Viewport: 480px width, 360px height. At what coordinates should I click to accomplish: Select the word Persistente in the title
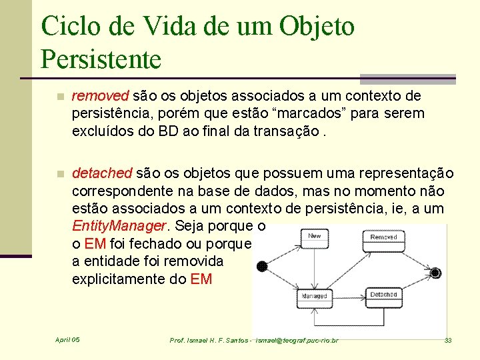click(x=101, y=59)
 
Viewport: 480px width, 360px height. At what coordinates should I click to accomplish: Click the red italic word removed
click(x=101, y=97)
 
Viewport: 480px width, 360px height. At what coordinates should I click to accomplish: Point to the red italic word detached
click(x=102, y=174)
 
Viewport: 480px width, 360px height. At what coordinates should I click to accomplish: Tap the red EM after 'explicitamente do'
click(x=201, y=279)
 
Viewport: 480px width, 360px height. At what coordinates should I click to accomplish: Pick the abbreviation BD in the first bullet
click(x=170, y=131)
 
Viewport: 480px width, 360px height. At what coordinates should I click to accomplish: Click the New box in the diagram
click(x=315, y=236)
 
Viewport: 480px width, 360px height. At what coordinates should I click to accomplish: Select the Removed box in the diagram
click(x=383, y=237)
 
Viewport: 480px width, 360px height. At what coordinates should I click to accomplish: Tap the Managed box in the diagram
click(x=314, y=296)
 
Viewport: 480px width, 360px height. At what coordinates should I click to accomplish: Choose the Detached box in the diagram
click(x=383, y=295)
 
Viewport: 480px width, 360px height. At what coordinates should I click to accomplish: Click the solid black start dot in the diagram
click(x=262, y=267)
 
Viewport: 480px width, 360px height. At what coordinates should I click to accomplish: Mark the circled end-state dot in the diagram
click(x=435, y=273)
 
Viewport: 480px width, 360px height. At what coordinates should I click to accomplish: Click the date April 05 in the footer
click(x=67, y=340)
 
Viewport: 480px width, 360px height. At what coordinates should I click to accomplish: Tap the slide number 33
click(x=448, y=341)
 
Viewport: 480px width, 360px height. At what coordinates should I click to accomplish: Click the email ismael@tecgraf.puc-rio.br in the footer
click(x=293, y=341)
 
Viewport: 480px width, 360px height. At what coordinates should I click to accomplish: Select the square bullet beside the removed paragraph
click(x=61, y=97)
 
